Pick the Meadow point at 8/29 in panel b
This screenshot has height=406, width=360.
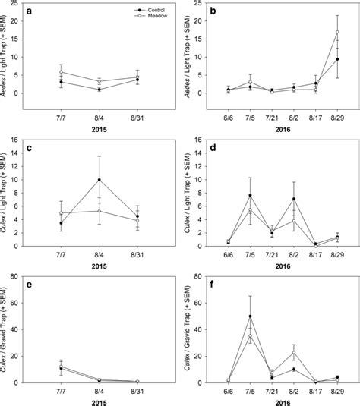(x=336, y=33)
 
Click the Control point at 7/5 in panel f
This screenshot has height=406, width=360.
(x=249, y=316)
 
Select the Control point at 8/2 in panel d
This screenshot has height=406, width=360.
(x=293, y=199)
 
